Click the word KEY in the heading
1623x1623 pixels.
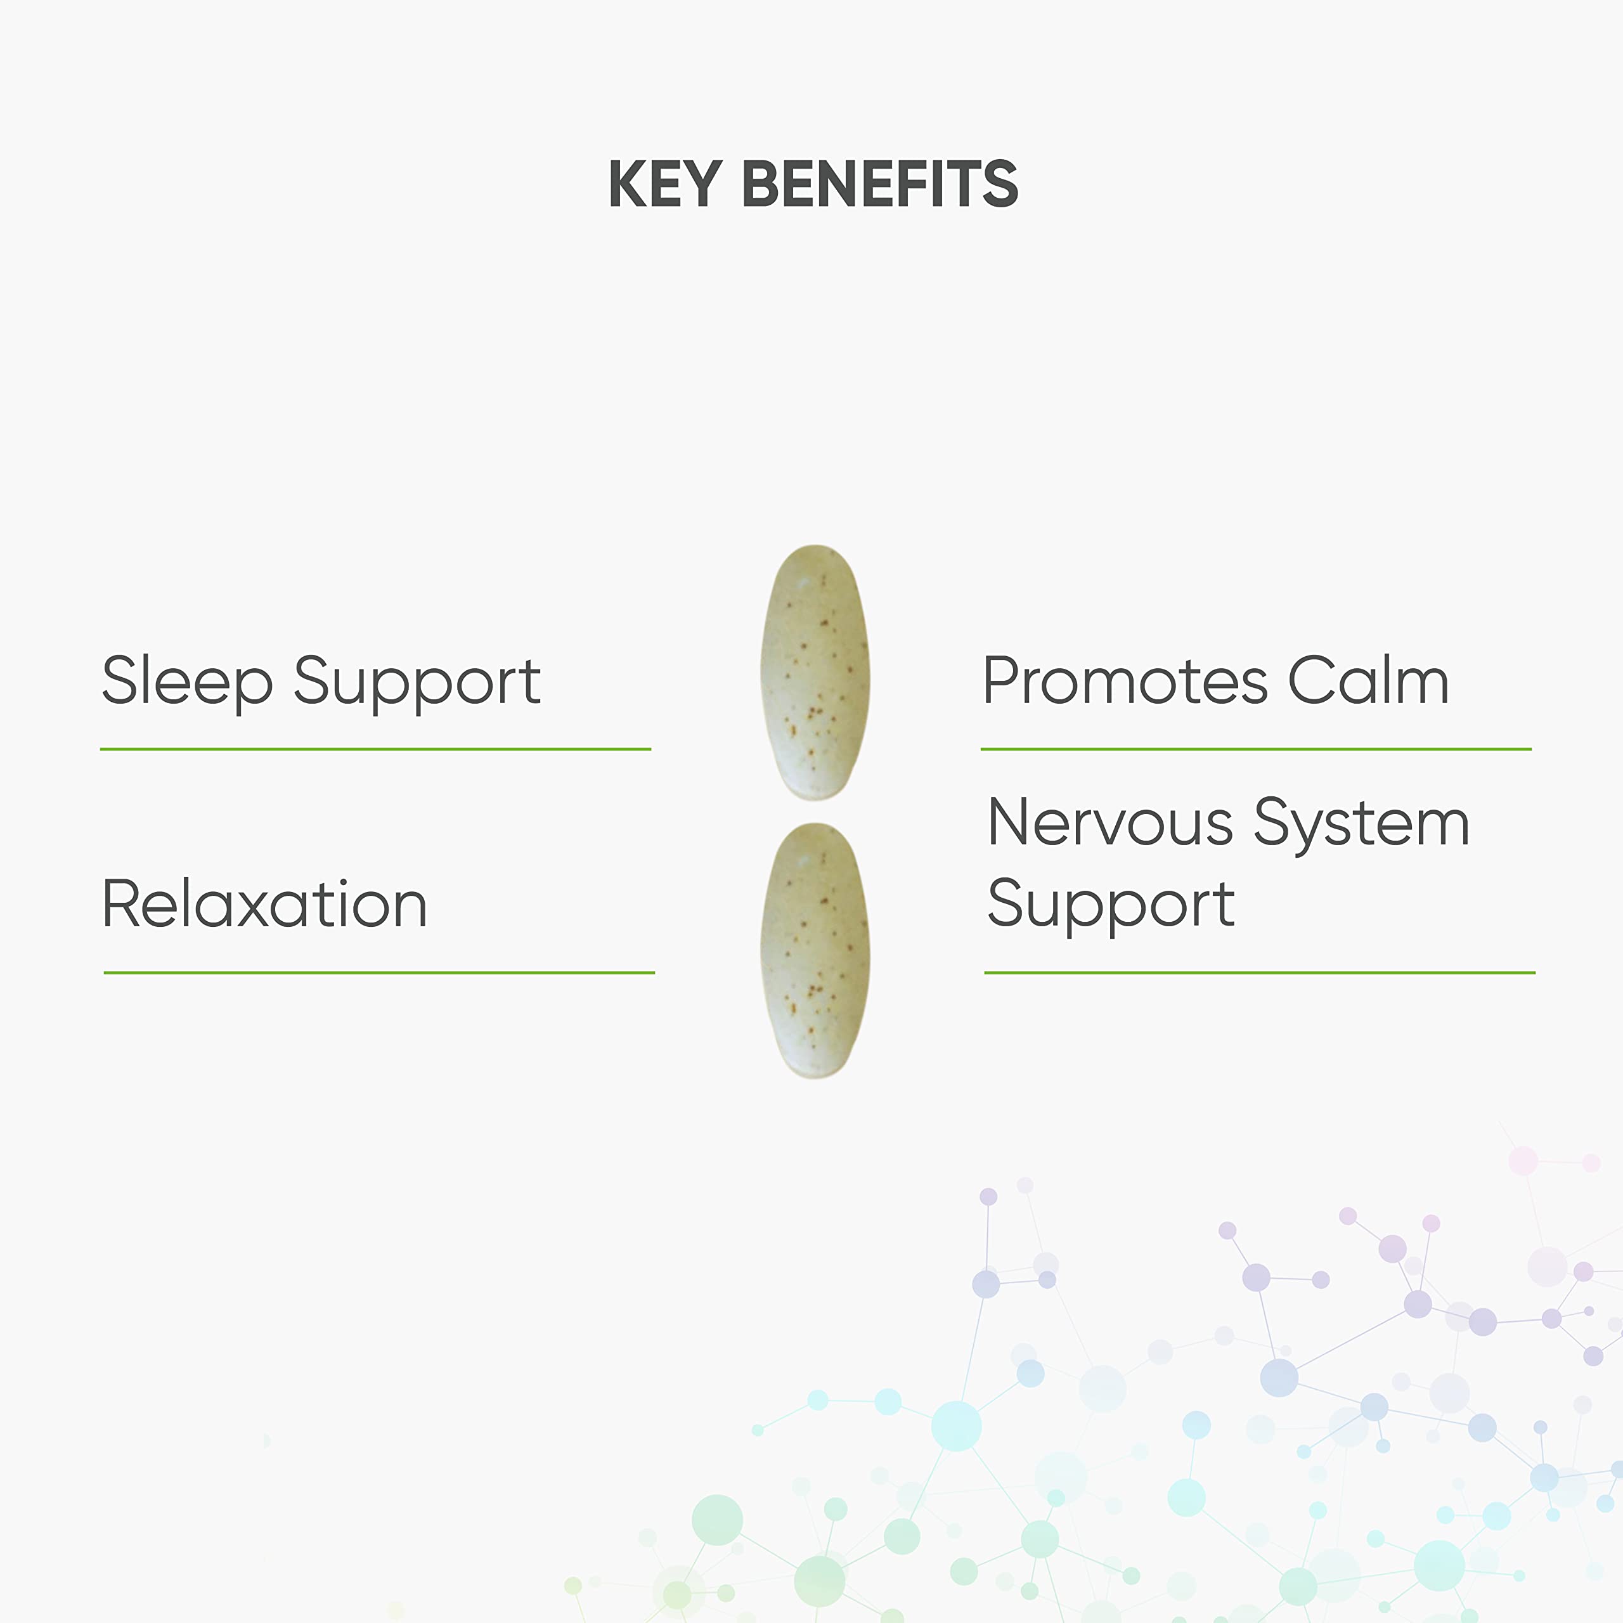665,184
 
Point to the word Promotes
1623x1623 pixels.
1125,680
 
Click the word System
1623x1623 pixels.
1361,825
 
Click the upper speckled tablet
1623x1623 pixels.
815,672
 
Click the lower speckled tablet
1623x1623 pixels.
815,950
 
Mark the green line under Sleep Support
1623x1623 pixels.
375,749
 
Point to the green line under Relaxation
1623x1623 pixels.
379,972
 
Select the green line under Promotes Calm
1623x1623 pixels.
1256,749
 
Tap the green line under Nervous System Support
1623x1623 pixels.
1259,972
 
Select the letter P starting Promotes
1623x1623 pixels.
1002,680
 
